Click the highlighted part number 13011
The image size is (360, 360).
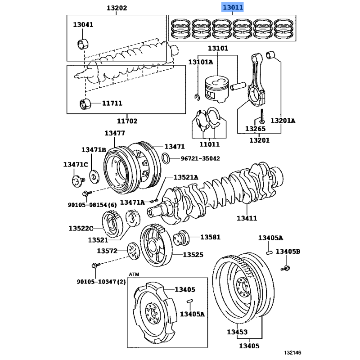(233, 8)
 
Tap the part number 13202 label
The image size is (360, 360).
(117, 8)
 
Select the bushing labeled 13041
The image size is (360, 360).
(83, 44)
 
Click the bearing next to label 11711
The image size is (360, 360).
(85, 104)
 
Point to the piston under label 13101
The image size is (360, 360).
(217, 89)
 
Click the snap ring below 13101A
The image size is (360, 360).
(197, 97)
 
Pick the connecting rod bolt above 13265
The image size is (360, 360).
(262, 116)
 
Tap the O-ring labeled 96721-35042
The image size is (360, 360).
(166, 158)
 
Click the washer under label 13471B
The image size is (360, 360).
(94, 177)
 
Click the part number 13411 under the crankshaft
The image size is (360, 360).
(247, 218)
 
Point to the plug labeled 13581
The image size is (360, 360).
(181, 238)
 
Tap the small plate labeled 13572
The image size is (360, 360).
(133, 251)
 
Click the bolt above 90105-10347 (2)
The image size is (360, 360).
(96, 265)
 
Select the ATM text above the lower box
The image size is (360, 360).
(134, 274)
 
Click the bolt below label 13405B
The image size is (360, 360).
(285, 268)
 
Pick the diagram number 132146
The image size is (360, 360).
(292, 353)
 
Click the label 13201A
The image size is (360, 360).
(283, 121)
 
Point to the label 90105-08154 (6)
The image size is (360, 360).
(92, 205)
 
